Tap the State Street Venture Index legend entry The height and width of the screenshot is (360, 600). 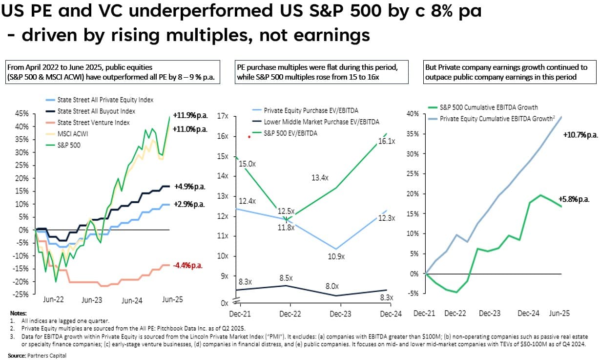(93, 122)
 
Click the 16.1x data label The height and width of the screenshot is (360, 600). (389, 141)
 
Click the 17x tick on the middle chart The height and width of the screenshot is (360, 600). (223, 116)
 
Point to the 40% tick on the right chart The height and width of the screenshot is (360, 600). (412, 114)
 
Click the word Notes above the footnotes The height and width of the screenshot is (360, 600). (19, 312)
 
